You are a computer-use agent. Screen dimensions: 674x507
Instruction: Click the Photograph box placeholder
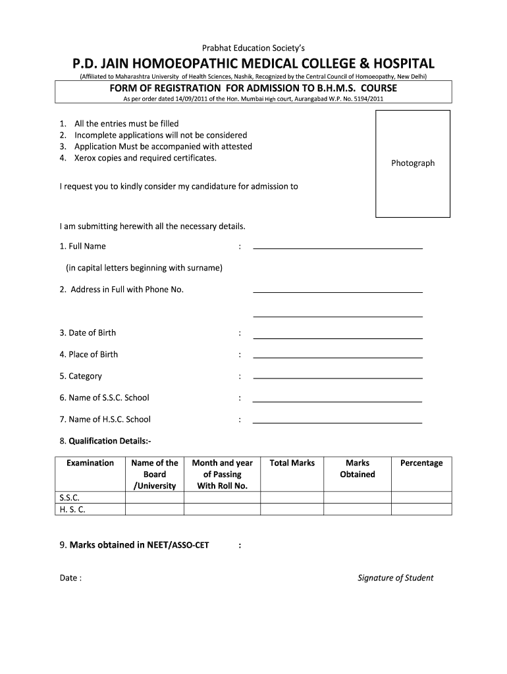pyautogui.click(x=413, y=163)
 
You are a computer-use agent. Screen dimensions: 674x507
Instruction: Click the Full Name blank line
pyautogui.click(x=338, y=248)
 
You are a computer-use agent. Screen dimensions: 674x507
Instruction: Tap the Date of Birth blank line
pyautogui.click(x=338, y=338)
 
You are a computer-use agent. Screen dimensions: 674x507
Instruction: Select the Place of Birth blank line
pyautogui.click(x=338, y=357)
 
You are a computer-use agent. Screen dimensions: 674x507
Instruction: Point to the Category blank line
pyautogui.click(x=338, y=378)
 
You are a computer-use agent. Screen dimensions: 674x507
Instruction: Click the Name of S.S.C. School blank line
pyautogui.click(x=337, y=401)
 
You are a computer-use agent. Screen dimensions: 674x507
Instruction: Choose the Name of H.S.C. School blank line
pyautogui.click(x=337, y=422)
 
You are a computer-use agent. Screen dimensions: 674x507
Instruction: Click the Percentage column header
pyautogui.click(x=421, y=463)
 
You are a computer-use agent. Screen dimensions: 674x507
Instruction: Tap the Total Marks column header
pyautogui.click(x=292, y=463)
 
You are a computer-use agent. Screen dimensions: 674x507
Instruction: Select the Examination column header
pyautogui.click(x=90, y=463)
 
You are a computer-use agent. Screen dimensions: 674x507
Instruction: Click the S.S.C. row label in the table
pyautogui.click(x=69, y=498)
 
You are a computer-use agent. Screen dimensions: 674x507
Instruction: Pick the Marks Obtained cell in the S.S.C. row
pyautogui.click(x=358, y=498)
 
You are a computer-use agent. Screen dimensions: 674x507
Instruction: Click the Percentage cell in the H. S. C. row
pyautogui.click(x=421, y=509)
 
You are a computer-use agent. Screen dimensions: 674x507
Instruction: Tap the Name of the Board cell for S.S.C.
pyautogui.click(x=155, y=498)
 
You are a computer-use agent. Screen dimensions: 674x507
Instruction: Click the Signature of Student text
pyautogui.click(x=395, y=578)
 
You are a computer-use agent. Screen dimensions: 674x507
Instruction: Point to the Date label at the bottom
pyautogui.click(x=70, y=578)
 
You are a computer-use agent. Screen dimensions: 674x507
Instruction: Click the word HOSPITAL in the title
pyautogui.click(x=394, y=64)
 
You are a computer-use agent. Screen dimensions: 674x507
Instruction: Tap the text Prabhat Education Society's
pyautogui.click(x=254, y=47)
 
